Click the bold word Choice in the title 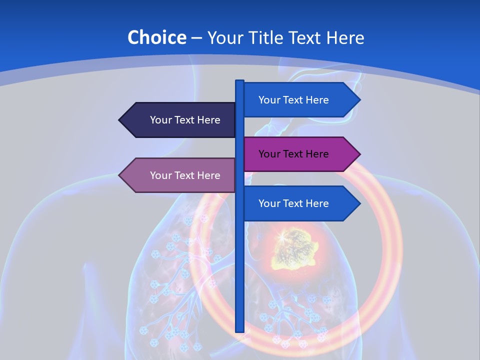156,37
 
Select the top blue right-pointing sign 295,100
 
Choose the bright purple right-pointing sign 295,154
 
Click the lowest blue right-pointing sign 295,203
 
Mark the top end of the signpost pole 240,81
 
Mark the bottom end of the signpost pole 240,330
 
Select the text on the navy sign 185,120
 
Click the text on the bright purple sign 293,154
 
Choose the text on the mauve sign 185,175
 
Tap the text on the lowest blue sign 293,203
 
